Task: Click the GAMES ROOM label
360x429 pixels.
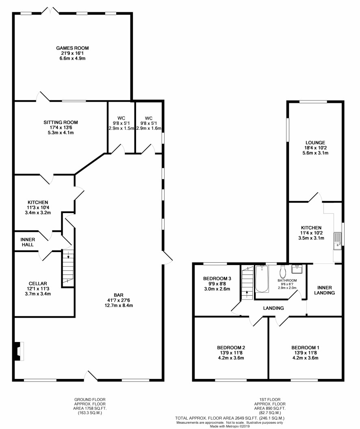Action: click(72, 48)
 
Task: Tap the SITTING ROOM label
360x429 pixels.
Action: click(61, 122)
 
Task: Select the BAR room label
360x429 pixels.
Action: click(119, 295)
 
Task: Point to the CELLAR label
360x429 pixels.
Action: click(38, 284)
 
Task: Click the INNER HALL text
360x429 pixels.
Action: click(28, 242)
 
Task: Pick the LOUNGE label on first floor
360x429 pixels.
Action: click(315, 143)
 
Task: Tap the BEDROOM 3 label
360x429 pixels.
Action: click(217, 279)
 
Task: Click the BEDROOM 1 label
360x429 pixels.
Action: click(305, 348)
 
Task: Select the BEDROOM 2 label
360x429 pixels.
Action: click(231, 348)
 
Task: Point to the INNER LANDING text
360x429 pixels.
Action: click(325, 290)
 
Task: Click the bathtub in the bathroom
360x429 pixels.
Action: click(262, 279)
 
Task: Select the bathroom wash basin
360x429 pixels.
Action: click(297, 269)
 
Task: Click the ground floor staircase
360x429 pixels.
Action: click(68, 268)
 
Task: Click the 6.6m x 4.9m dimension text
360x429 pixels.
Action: click(72, 59)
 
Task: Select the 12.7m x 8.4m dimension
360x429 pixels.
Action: click(119, 306)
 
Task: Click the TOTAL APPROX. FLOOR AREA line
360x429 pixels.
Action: click(230, 418)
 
